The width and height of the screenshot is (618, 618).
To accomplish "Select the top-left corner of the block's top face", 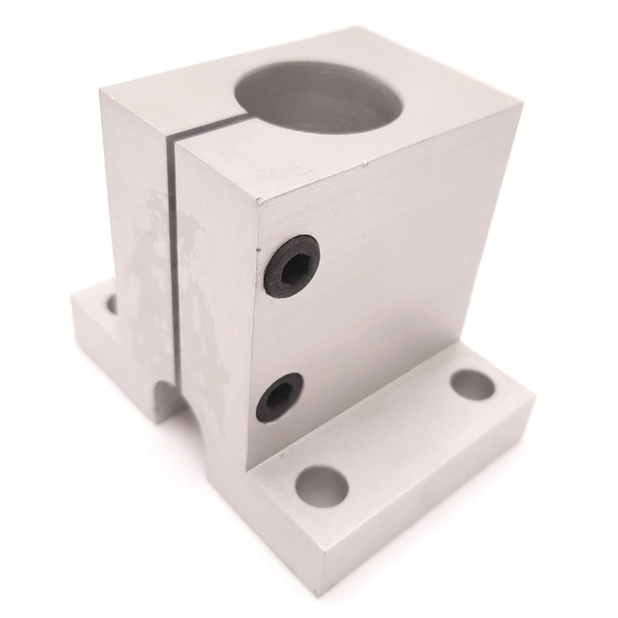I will [99, 89].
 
